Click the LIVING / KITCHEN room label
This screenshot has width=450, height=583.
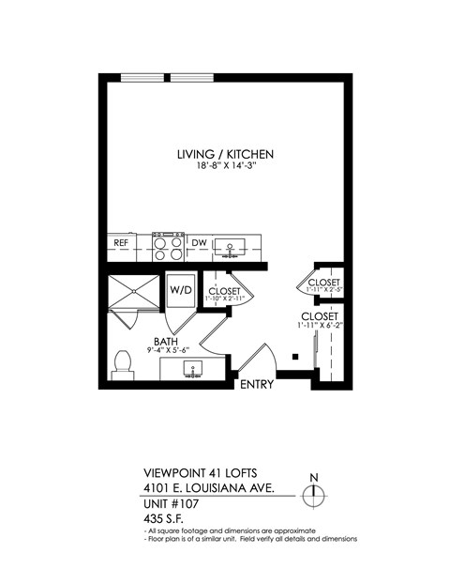(225, 154)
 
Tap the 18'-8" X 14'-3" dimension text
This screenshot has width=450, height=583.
(225, 166)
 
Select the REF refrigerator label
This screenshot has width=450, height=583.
(121, 243)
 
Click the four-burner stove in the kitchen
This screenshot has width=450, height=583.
(168, 247)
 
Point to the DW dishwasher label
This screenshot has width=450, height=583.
(199, 243)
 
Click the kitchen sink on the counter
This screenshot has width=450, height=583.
(228, 248)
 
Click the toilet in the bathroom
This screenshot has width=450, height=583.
(121, 364)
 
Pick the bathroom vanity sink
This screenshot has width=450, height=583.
(191, 367)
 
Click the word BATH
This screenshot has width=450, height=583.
(167, 342)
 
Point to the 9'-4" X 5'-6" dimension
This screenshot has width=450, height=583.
(169, 351)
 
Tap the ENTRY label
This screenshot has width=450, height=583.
(256, 385)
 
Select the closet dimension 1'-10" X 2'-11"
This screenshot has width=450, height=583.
(225, 299)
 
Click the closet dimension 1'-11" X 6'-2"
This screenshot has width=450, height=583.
(320, 326)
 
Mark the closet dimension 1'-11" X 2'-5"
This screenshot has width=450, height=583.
(323, 289)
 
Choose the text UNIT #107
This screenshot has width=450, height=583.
(172, 504)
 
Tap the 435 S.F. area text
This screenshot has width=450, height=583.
(165, 518)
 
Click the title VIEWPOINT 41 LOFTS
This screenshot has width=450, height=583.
(199, 474)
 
